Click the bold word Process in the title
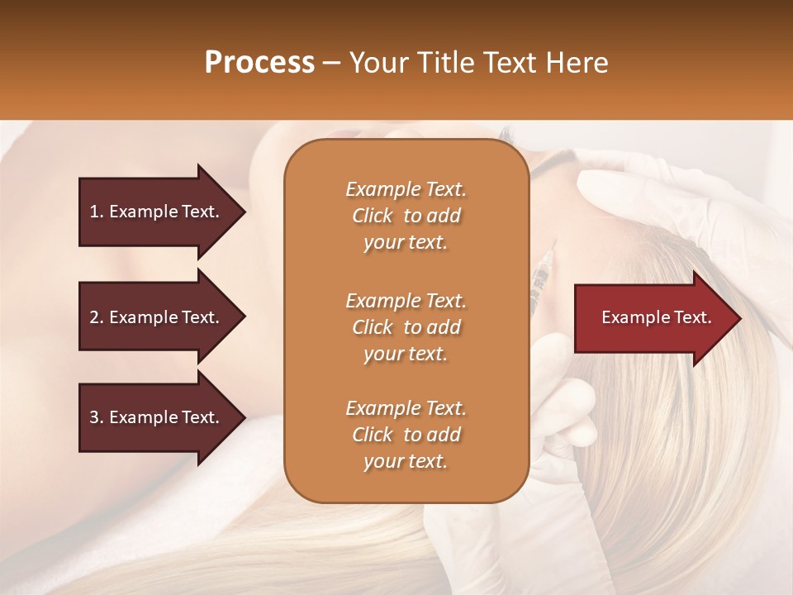[x=259, y=63]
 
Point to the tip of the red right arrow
[x=739, y=318]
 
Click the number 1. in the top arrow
[x=97, y=212]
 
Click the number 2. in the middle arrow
[x=97, y=317]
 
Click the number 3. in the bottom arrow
[x=97, y=417]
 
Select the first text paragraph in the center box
[x=406, y=216]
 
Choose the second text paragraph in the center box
[x=406, y=327]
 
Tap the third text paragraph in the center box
[x=406, y=435]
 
